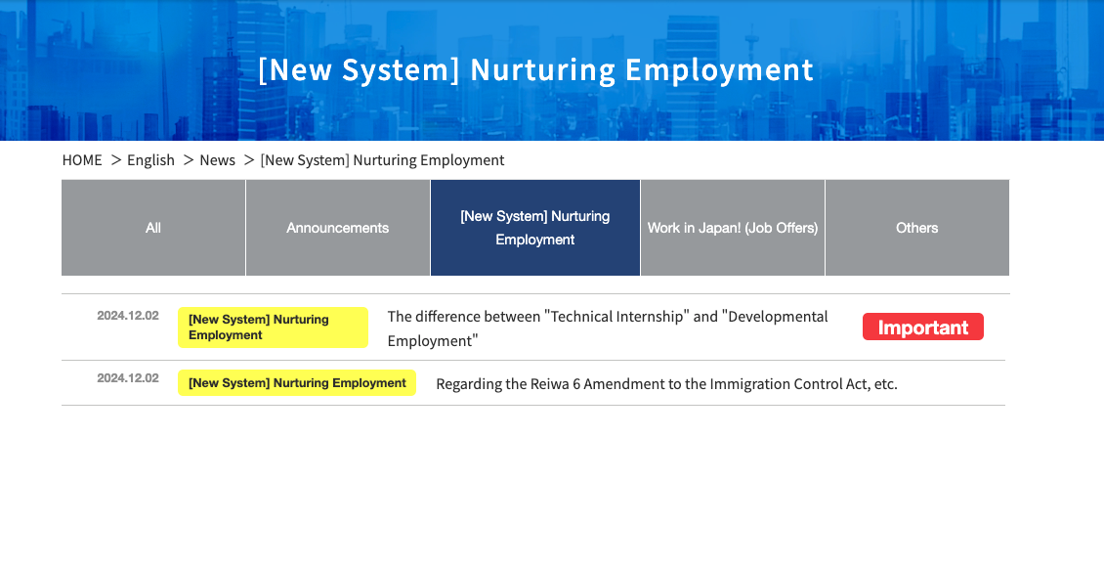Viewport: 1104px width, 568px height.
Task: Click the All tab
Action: (x=153, y=228)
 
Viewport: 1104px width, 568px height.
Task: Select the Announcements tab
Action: (x=338, y=228)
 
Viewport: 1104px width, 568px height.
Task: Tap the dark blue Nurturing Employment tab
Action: (x=535, y=228)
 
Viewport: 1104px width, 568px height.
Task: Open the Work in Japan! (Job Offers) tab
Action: (x=733, y=228)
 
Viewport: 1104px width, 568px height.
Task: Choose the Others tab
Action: (x=917, y=228)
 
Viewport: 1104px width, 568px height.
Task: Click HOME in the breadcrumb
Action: (x=82, y=160)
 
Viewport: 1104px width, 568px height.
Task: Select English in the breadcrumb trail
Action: (x=150, y=160)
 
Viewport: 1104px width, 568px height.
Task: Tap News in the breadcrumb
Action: (x=218, y=160)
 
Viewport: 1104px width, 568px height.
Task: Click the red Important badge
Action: (x=923, y=327)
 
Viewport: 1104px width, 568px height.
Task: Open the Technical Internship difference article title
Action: (x=608, y=328)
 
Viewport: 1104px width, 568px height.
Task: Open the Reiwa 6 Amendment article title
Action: (x=666, y=384)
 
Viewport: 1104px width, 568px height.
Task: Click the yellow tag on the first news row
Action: (x=274, y=327)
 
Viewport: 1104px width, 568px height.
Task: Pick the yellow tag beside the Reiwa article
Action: (x=297, y=382)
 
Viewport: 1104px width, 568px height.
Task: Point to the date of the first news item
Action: (x=128, y=316)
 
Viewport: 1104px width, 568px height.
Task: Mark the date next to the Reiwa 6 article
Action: (x=128, y=378)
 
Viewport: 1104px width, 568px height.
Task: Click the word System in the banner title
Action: (x=400, y=70)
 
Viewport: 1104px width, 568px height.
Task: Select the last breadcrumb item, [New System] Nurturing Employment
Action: (x=382, y=160)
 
